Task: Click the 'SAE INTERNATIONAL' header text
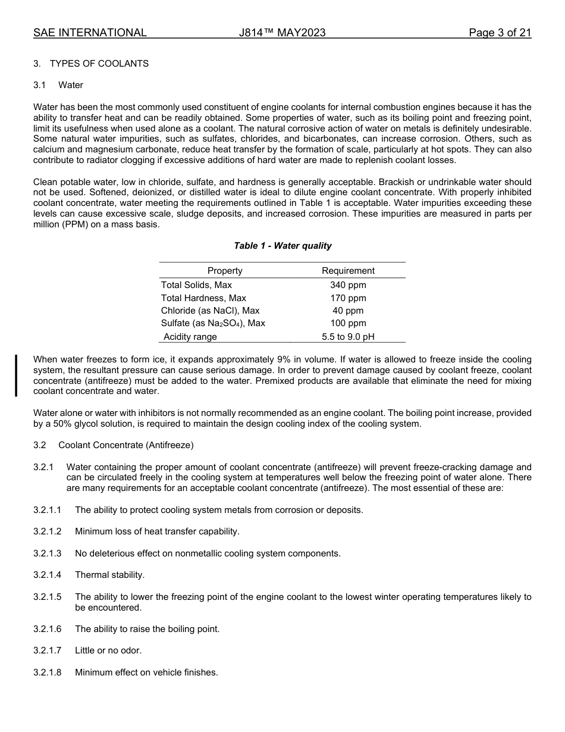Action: (x=90, y=33)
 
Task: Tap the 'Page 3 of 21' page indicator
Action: (x=500, y=33)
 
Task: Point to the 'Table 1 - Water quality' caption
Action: (x=282, y=246)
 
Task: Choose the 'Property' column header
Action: (x=225, y=271)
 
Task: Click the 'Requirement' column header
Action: (x=348, y=271)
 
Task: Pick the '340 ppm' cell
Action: (x=348, y=285)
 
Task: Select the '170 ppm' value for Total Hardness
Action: (x=348, y=298)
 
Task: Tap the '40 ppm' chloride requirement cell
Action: (x=348, y=311)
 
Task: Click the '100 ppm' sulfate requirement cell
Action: (x=348, y=324)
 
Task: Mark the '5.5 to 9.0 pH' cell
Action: (x=348, y=337)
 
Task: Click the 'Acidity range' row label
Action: (x=190, y=337)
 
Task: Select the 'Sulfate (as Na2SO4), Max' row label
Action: (x=213, y=324)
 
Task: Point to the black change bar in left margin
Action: (x=16, y=376)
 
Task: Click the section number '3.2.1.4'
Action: (x=48, y=575)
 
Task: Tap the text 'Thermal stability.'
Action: (x=109, y=575)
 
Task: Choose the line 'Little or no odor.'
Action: (x=108, y=650)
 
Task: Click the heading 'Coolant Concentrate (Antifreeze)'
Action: (x=126, y=445)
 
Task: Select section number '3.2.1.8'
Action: (x=48, y=672)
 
